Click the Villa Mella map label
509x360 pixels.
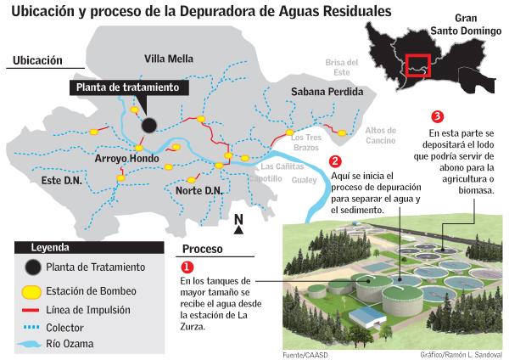[x=169, y=59]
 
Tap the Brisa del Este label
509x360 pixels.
[x=344, y=68]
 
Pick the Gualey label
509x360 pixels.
[x=303, y=180]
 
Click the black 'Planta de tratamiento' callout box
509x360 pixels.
[x=127, y=87]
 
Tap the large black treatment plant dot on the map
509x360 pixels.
[x=149, y=125]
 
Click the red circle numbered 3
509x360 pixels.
[x=437, y=115]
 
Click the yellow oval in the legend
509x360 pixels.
[x=31, y=291]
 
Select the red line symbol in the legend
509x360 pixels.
[x=31, y=310]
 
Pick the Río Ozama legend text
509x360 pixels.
[x=70, y=344]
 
